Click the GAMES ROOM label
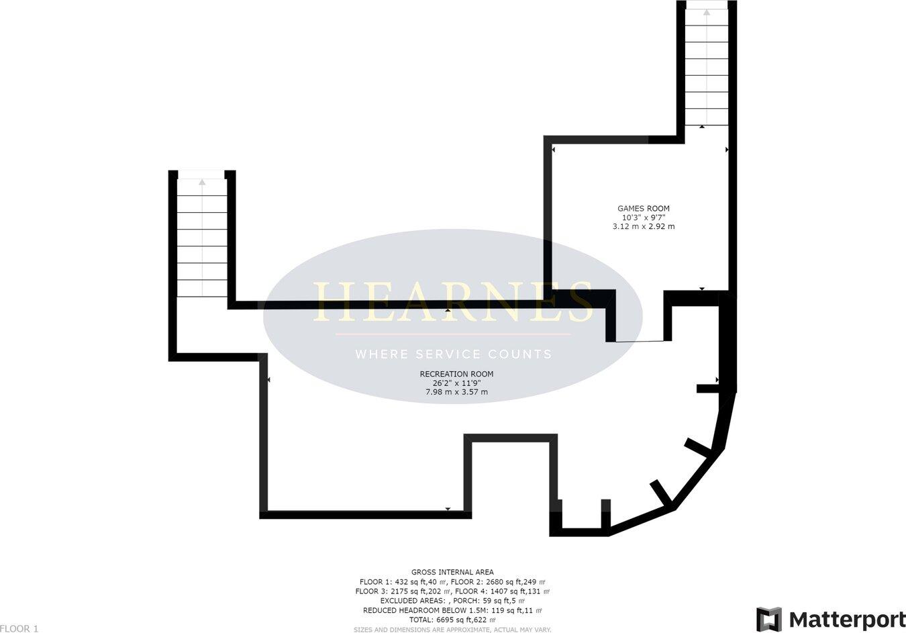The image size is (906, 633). click(644, 209)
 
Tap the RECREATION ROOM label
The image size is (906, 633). click(456, 374)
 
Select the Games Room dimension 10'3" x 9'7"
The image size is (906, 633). click(644, 217)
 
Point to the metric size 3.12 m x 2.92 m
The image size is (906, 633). click(644, 227)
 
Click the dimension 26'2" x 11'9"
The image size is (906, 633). click(456, 383)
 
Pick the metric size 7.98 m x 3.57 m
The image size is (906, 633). click(456, 392)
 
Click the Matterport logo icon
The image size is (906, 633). click(769, 619)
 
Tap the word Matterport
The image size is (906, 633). click(847, 619)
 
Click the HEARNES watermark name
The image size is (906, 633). click(453, 302)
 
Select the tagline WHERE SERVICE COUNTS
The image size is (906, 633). click(453, 354)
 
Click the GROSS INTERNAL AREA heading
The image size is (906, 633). click(452, 573)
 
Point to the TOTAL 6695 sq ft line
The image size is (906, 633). click(452, 620)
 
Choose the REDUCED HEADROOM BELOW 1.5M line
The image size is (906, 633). click(452, 611)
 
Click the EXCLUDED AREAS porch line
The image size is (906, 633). click(452, 601)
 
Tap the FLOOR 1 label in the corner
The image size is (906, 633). click(19, 628)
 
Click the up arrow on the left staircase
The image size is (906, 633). click(202, 181)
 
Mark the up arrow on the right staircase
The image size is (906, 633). click(706, 11)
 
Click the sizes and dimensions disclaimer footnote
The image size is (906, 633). click(452, 630)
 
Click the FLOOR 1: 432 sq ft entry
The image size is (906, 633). click(403, 582)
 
